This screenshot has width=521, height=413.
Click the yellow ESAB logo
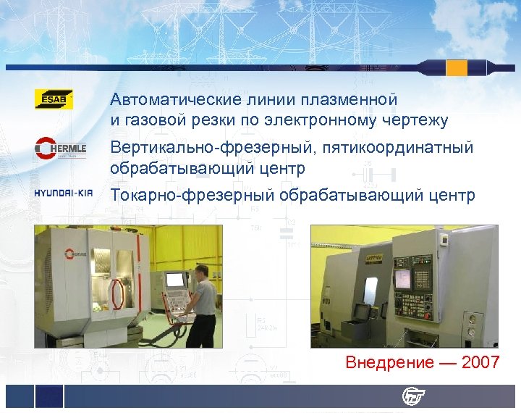click(54, 99)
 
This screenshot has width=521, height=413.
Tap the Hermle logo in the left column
click(61, 148)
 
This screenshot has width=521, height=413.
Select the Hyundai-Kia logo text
click(64, 193)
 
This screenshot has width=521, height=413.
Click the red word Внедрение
click(390, 362)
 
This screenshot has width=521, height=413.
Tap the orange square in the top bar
click(457, 67)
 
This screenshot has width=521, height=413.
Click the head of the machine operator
click(202, 272)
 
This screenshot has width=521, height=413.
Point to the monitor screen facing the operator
click(174, 280)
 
